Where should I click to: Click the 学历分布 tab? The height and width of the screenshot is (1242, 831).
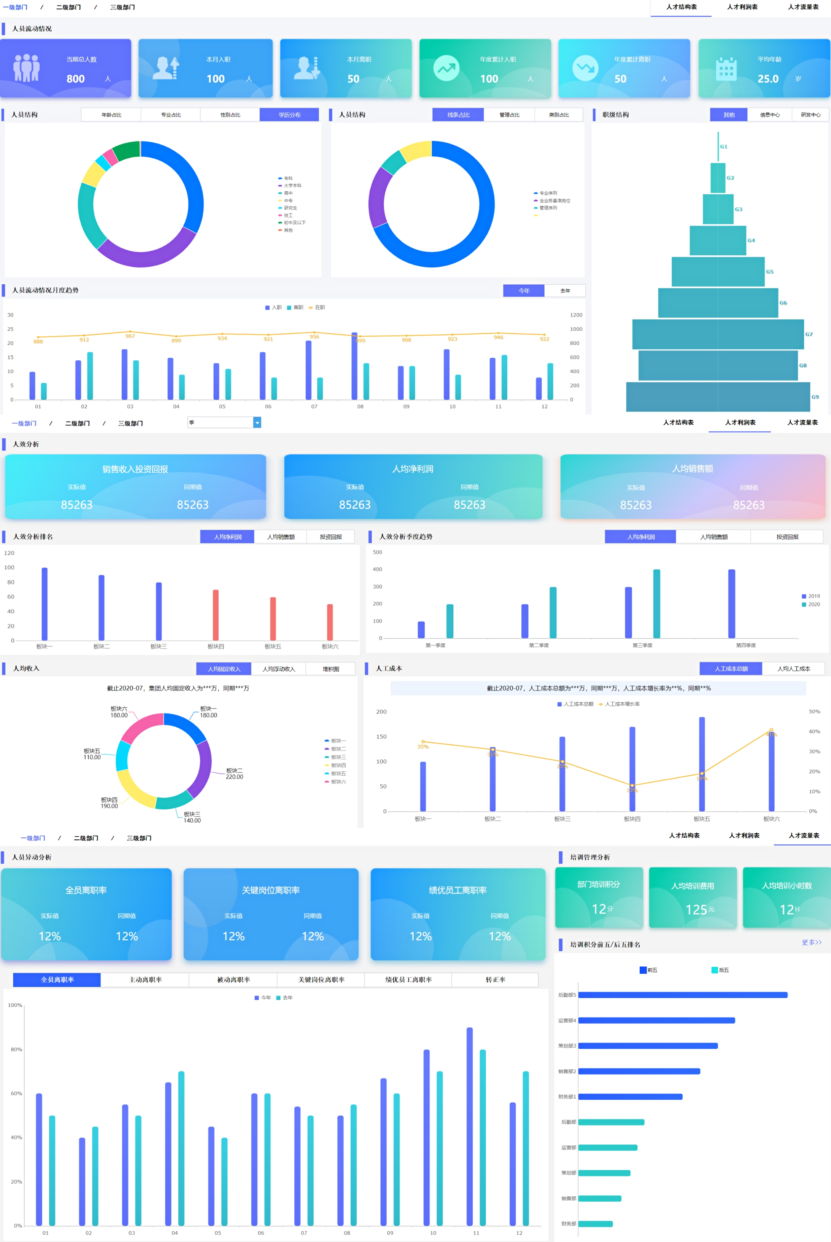pyautogui.click(x=289, y=115)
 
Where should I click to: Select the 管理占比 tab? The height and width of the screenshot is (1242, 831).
pyautogui.click(x=509, y=115)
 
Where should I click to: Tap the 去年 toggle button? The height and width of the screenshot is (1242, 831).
pyautogui.click(x=565, y=290)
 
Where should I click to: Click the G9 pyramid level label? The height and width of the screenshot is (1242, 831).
pyautogui.click(x=815, y=396)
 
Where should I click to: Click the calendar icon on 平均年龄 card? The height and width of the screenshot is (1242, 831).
pyautogui.click(x=726, y=68)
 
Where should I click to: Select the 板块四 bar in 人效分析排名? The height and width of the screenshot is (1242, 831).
pyautogui.click(x=216, y=615)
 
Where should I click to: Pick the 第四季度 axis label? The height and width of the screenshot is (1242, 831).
pyautogui.click(x=746, y=645)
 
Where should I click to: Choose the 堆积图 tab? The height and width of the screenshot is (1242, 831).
pyautogui.click(x=331, y=669)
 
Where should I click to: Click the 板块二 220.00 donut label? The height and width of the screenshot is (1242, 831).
pyautogui.click(x=234, y=774)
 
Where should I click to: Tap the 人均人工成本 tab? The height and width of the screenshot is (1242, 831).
pyautogui.click(x=793, y=669)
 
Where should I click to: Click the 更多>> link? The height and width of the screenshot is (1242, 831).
pyautogui.click(x=811, y=942)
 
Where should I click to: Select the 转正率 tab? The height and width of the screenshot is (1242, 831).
pyautogui.click(x=495, y=979)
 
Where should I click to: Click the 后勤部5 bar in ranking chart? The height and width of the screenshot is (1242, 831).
pyautogui.click(x=683, y=995)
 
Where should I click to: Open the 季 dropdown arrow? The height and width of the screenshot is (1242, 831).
pyautogui.click(x=257, y=422)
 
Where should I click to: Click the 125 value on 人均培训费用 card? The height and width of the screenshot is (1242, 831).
pyautogui.click(x=696, y=910)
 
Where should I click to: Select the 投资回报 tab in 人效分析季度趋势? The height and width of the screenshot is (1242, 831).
pyautogui.click(x=787, y=537)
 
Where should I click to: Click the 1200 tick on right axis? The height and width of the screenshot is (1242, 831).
pyautogui.click(x=576, y=315)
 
